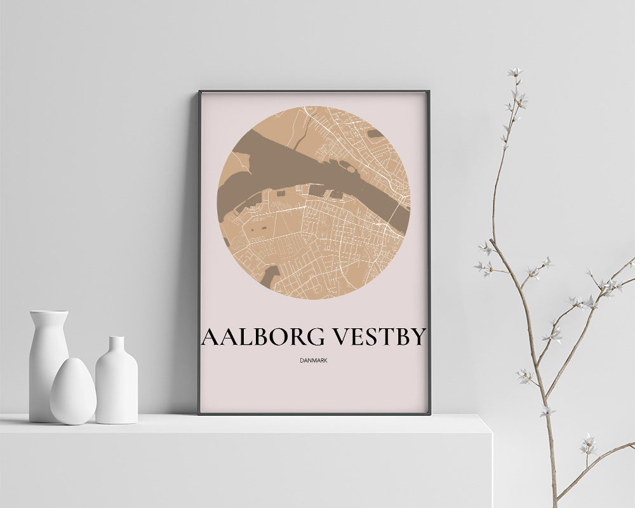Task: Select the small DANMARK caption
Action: coord(314,361)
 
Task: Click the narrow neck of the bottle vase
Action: coord(116,346)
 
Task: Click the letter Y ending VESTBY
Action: coord(417,338)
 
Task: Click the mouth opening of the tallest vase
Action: coord(48,313)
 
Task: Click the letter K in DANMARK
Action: coord(326,361)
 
